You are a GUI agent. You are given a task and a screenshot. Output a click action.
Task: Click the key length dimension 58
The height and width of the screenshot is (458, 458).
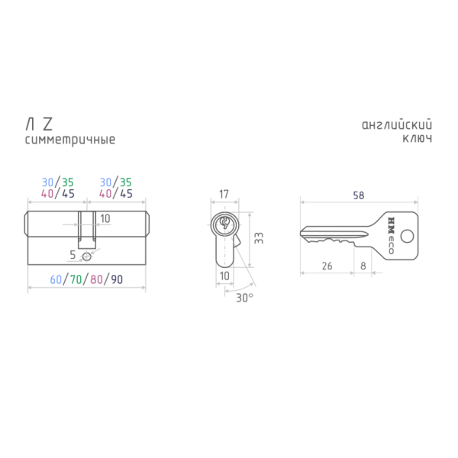[x=359, y=195]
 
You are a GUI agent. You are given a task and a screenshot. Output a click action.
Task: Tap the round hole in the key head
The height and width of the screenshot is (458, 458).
[x=407, y=236]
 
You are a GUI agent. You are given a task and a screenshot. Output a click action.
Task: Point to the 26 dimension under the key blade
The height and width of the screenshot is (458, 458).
[x=327, y=266]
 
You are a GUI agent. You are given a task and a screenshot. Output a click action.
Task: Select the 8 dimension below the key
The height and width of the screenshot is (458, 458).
[x=363, y=266]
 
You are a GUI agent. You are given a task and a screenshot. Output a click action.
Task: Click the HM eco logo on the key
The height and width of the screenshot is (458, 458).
[x=391, y=235]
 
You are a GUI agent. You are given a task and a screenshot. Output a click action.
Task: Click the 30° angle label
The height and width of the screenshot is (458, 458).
[x=244, y=298]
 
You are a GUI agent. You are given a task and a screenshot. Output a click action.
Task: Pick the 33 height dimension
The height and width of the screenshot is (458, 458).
[x=259, y=238]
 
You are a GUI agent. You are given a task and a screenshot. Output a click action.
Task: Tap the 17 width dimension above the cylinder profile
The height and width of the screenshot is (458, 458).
[x=224, y=194]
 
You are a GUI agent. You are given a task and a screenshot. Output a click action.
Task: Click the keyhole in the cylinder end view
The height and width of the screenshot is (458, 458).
[x=224, y=224]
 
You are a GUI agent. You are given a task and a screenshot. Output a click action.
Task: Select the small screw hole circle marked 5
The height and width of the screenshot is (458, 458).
[x=87, y=256]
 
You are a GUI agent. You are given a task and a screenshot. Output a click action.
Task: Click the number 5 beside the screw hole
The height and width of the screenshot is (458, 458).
[x=73, y=255]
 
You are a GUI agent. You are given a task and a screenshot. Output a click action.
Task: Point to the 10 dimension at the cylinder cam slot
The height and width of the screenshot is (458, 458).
[x=105, y=218]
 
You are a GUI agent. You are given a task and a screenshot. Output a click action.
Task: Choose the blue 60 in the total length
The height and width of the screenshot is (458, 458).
[x=56, y=279]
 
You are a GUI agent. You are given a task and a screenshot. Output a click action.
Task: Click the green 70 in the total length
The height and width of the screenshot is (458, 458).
[x=76, y=279]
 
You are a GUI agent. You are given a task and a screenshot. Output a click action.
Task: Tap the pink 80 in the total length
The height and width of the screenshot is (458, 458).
[x=96, y=279]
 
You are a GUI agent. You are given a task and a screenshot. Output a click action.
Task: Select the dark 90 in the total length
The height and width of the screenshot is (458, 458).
[x=117, y=279]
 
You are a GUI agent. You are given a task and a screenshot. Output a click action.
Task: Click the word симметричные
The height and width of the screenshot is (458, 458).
[x=70, y=140]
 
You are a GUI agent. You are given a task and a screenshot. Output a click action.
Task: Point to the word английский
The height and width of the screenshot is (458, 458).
[x=397, y=125]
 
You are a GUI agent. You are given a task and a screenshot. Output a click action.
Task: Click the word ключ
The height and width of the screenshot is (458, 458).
[x=417, y=138]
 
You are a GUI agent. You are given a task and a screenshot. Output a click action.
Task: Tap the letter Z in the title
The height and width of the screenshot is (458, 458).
[x=47, y=124]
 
